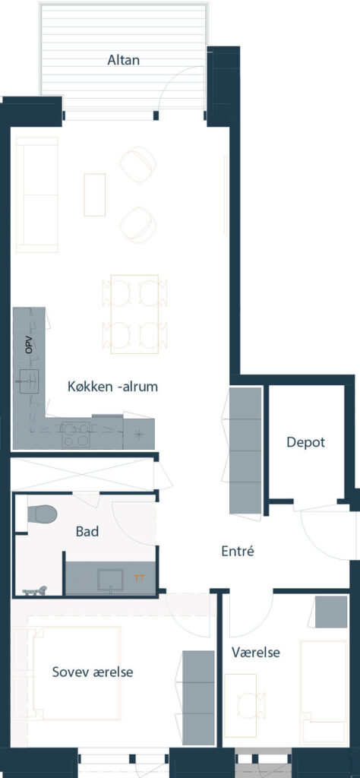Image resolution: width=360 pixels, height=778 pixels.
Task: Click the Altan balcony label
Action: pyautogui.click(x=124, y=60)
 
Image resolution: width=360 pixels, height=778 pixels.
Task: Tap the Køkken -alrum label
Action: pyautogui.click(x=112, y=387)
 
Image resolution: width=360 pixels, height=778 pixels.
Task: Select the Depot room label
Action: pyautogui.click(x=305, y=442)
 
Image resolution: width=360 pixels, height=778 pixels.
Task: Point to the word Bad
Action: pyautogui.click(x=87, y=531)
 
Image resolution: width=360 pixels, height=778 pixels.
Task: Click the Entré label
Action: pyautogui.click(x=238, y=551)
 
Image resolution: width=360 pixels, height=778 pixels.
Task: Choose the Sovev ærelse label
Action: pyautogui.click(x=93, y=672)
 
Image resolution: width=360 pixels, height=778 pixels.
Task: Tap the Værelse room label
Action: pyautogui.click(x=256, y=652)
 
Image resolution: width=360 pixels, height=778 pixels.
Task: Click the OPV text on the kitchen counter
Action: pyautogui.click(x=29, y=344)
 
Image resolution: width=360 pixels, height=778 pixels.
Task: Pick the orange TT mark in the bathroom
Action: pyautogui.click(x=139, y=578)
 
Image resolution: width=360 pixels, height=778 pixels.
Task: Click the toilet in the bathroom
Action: pyautogui.click(x=42, y=514)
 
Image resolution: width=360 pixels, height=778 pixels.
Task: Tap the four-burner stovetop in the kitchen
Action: pyautogui.click(x=77, y=435)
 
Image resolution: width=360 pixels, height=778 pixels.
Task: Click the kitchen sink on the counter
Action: pyautogui.click(x=29, y=381)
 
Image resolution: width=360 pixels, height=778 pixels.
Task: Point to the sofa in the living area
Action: pyautogui.click(x=37, y=194)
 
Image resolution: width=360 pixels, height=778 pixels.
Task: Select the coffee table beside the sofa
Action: pyautogui.click(x=95, y=194)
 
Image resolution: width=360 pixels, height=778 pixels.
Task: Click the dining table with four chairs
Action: pyautogui.click(x=134, y=314)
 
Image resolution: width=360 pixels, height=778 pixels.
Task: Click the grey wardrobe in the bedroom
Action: pyautogui.click(x=198, y=697)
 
